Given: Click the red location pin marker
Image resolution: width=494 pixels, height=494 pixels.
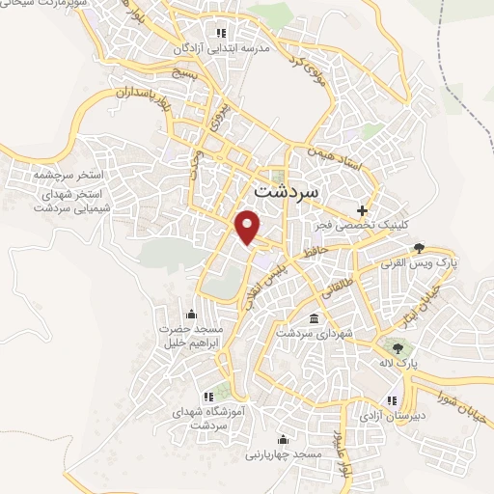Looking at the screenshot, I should tap(249, 226).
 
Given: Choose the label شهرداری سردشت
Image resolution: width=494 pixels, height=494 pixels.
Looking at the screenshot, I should tap(314, 332).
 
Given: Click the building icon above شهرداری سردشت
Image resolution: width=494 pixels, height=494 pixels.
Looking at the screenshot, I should tap(313, 317).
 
